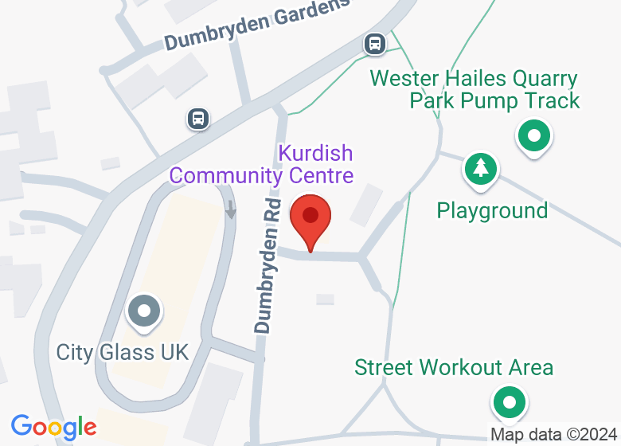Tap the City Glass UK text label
point(123,352)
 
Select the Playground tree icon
point(480,169)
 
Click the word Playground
point(492,210)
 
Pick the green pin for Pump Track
point(534,136)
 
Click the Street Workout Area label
point(453,367)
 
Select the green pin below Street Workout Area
point(509,402)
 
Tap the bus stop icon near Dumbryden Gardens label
point(375,43)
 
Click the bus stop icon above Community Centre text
point(198,119)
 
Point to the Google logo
point(53,427)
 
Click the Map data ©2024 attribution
point(553,435)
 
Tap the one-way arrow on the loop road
point(231,209)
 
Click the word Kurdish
point(315,152)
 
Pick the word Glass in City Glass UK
point(121,352)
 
